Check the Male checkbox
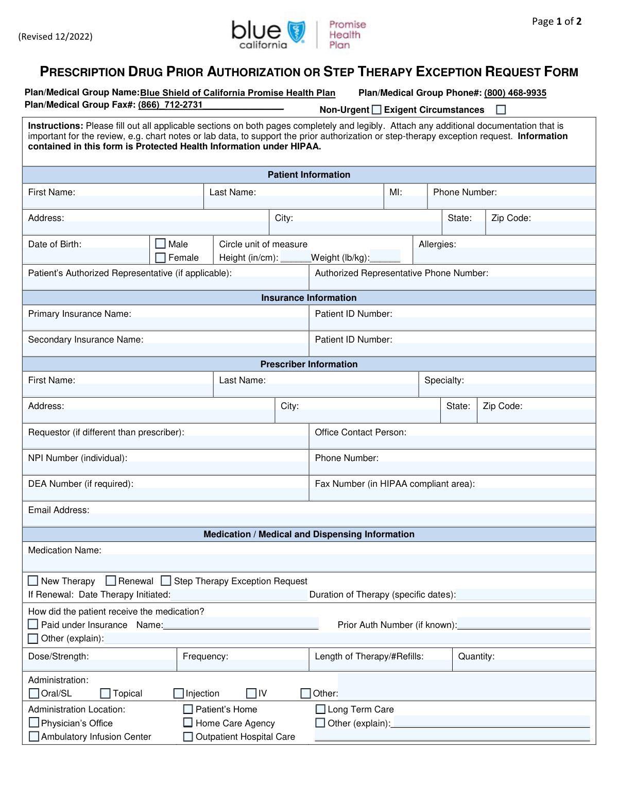pyautogui.click(x=161, y=244)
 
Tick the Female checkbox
pyautogui.click(x=161, y=258)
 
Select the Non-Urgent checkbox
pyautogui.click(x=376, y=109)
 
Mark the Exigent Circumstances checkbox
pyautogui.click(x=501, y=109)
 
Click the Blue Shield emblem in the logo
pyautogui.click(x=296, y=32)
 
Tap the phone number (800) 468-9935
pyautogui.click(x=515, y=93)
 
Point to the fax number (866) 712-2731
pyautogui.click(x=170, y=105)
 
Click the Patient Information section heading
pyautogui.click(x=308, y=175)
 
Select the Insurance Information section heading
pyautogui.click(x=308, y=298)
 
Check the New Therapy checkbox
pyautogui.click(x=33, y=581)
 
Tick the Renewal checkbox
pyautogui.click(x=111, y=581)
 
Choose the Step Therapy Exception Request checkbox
pyautogui.click(x=166, y=581)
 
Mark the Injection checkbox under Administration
pyautogui.click(x=179, y=693)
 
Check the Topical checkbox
pyautogui.click(x=106, y=693)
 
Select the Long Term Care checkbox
pyautogui.click(x=320, y=709)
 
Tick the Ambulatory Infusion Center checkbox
pyautogui.click(x=34, y=736)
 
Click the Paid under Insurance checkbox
pyautogui.click(x=33, y=624)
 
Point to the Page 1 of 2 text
pyautogui.click(x=557, y=21)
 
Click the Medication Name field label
pyautogui.click(x=64, y=550)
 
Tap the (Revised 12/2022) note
pyautogui.click(x=56, y=37)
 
